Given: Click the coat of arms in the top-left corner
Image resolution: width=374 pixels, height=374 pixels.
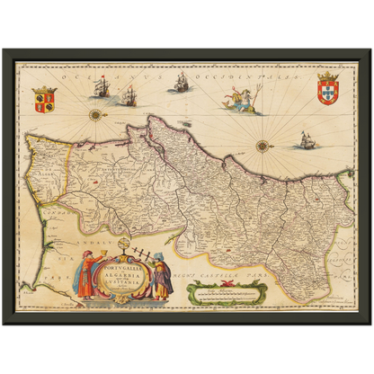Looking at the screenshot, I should pyautogui.click(x=42, y=98).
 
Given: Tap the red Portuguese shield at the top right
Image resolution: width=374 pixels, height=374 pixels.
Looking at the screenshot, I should pyautogui.click(x=328, y=92).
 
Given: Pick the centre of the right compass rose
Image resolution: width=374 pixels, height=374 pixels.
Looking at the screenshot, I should pyautogui.click(x=261, y=146).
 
